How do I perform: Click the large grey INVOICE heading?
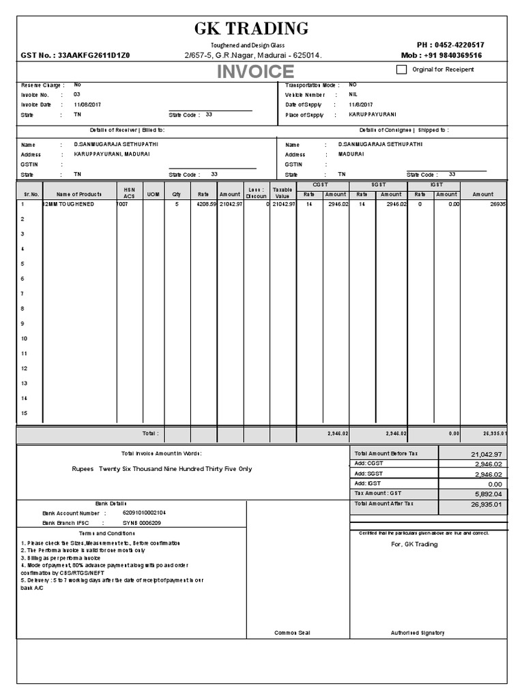pos(255,72)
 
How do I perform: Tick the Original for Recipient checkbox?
pos(401,69)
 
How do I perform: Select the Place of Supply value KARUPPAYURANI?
pos(372,115)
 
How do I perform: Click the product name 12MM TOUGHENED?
pos(68,204)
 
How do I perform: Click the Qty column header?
pos(177,195)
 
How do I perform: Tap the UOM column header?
pos(153,195)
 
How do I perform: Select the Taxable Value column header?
pos(282,192)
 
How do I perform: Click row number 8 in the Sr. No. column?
pos(23,309)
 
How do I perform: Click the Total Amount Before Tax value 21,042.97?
pos(486,454)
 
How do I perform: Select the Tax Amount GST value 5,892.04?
pos(486,494)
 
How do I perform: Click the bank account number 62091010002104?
pos(144,513)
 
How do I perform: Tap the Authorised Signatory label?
pos(417,633)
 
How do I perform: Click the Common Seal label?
pos(292,633)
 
